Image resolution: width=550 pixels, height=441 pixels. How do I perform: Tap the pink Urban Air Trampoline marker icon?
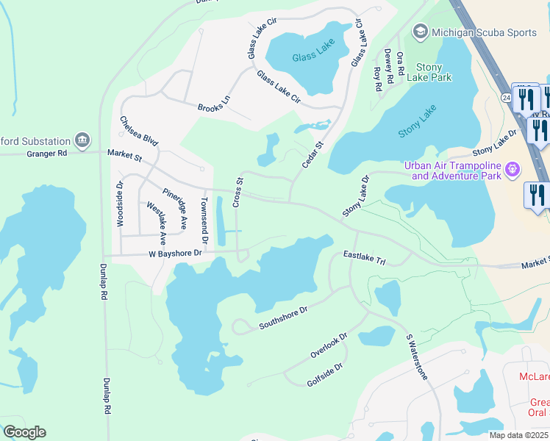tap(513, 171)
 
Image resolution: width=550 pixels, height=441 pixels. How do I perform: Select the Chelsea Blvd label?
tap(140, 132)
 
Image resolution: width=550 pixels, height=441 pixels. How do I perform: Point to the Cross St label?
tap(238, 192)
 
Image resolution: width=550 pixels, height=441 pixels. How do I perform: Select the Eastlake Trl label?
tap(365, 258)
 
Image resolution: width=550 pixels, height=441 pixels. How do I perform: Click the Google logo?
tap(24, 432)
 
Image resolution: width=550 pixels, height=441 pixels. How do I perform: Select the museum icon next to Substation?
tap(82, 140)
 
